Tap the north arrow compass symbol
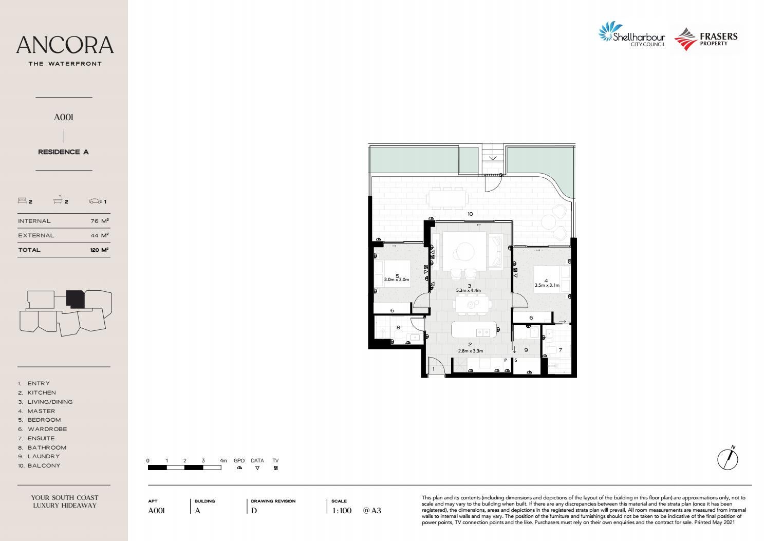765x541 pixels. point(727,458)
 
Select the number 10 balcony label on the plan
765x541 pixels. point(470,214)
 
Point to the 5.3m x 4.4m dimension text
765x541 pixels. point(469,290)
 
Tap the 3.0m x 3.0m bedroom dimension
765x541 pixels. point(397,279)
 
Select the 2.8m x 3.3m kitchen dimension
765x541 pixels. point(470,351)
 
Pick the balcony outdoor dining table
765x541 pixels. point(447,198)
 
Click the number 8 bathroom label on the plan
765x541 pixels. point(398,327)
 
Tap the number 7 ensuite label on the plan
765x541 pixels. point(560,350)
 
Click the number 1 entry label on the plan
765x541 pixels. point(433,369)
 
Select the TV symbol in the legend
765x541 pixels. point(275,468)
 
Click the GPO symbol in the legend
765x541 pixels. point(239,468)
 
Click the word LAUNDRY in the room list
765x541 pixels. point(44,456)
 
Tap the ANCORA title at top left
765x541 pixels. point(65,45)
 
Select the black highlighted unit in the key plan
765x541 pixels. point(75,299)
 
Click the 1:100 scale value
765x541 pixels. point(342,511)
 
